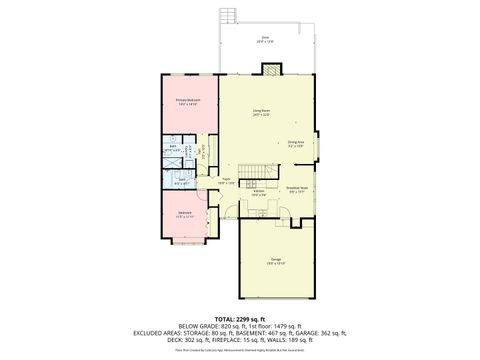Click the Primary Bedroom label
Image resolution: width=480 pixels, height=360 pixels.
[x=188, y=102]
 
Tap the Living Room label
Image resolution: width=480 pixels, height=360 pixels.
[x=263, y=112]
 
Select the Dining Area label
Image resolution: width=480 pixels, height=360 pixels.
[x=295, y=144]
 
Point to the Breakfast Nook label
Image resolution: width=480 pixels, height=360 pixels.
[x=296, y=188]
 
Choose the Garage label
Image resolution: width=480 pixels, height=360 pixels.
[x=275, y=263]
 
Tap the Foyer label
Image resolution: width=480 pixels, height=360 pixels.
[x=226, y=182]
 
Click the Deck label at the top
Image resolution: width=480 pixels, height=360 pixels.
[x=265, y=40]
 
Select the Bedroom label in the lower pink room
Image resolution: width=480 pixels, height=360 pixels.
[x=185, y=214]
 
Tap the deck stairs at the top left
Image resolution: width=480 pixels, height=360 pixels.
[x=227, y=17]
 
